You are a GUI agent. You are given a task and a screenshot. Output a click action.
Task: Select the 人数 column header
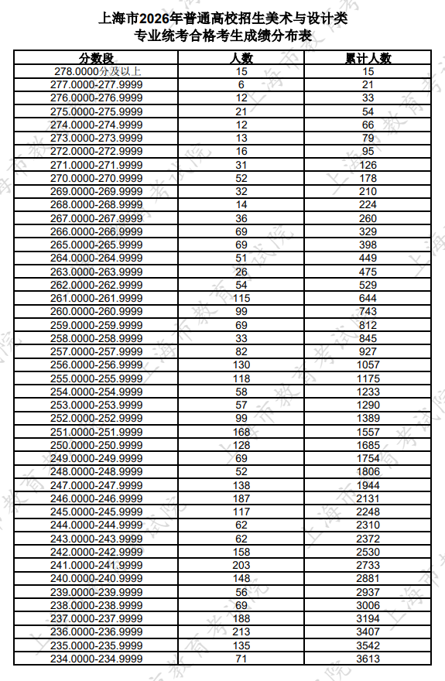click(x=241, y=58)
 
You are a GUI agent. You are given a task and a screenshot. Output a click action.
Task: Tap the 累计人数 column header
click(x=368, y=58)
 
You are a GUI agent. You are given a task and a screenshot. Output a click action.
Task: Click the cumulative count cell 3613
click(x=368, y=659)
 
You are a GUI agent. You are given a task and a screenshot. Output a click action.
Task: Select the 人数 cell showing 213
click(x=241, y=631)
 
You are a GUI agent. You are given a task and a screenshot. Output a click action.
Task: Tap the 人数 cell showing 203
click(x=241, y=565)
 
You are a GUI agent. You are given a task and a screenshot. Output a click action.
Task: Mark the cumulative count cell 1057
click(x=368, y=364)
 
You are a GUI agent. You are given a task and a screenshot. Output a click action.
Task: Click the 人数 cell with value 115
click(x=241, y=298)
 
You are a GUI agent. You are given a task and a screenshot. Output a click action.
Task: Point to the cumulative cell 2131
click(x=368, y=498)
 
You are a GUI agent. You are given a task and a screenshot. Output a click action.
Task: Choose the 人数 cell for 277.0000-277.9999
click(x=241, y=84)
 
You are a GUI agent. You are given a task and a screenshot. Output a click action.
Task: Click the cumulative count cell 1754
click(x=368, y=458)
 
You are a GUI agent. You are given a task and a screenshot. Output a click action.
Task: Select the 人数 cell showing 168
click(x=241, y=431)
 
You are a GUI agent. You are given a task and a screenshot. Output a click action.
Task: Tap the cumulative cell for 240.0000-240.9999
click(x=368, y=578)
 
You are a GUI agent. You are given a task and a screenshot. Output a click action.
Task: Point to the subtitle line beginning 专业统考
click(x=222, y=36)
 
